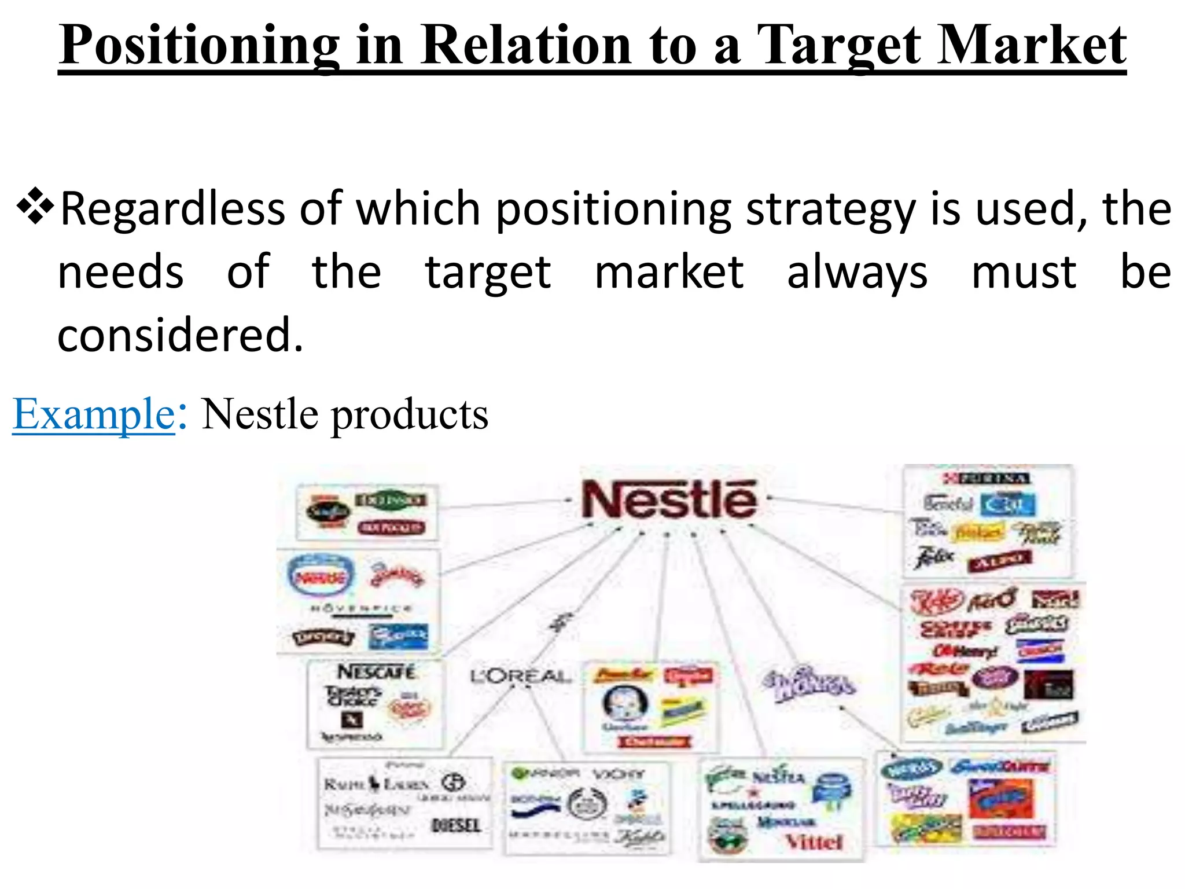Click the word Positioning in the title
[x=199, y=45]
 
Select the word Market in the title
[x=1031, y=45]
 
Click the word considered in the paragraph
[x=180, y=335]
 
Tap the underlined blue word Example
[x=94, y=414]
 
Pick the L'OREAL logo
[x=520, y=676]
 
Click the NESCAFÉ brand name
[x=377, y=673]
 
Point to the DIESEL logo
[x=456, y=825]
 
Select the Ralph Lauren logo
[x=376, y=785]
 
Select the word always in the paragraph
[x=857, y=273]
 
